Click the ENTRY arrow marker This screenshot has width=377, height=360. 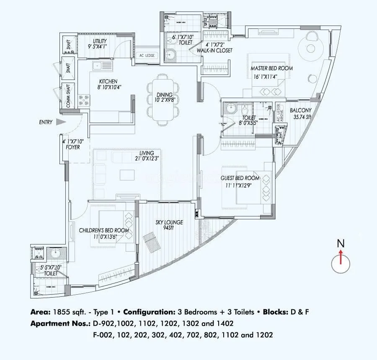click(61, 122)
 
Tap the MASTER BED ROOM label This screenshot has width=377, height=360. click(271, 68)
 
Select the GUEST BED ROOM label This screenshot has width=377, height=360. click(240, 178)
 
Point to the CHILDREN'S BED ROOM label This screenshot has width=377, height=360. click(103, 230)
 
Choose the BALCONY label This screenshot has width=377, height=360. click(300, 111)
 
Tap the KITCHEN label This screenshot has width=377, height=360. click(108, 81)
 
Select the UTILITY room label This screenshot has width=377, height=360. click(100, 41)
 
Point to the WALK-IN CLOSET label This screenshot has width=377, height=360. click(216, 50)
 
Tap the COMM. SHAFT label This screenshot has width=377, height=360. click(67, 95)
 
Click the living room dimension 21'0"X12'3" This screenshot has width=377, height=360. click(147, 158)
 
